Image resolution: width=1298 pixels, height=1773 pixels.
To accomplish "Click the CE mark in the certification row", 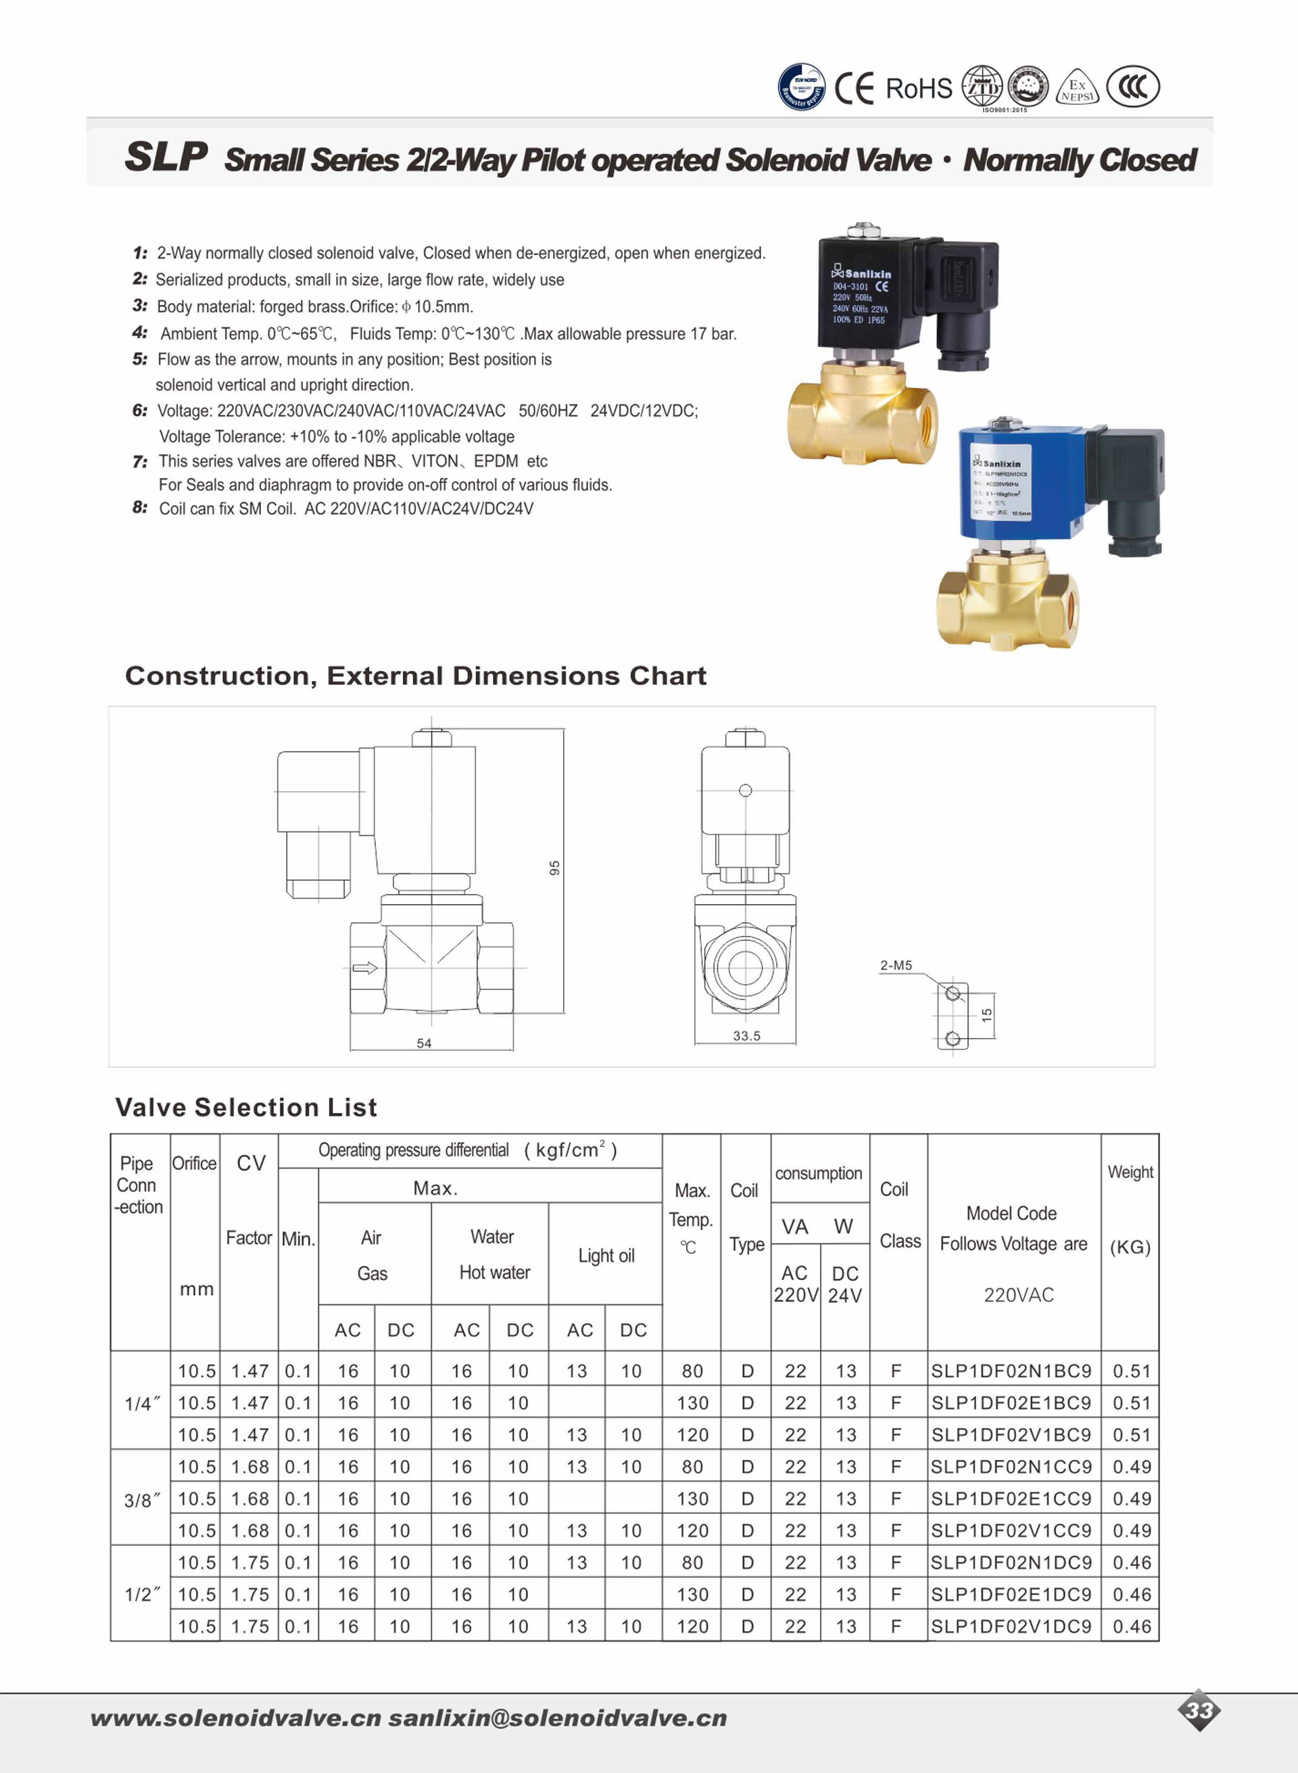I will point(853,88).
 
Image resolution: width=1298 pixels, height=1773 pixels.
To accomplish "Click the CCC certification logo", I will point(1132,87).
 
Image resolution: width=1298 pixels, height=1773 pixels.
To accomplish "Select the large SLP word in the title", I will point(166,156).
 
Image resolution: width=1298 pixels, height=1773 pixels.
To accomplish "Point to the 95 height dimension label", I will point(554,868).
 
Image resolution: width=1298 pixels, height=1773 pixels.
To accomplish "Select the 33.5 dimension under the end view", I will point(746,1036).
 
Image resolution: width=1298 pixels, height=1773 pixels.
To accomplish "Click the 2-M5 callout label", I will point(896,965).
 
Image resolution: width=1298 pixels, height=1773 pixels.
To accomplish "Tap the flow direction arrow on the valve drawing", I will point(364,968).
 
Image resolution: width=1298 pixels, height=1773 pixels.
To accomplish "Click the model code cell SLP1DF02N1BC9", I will point(1011,1371).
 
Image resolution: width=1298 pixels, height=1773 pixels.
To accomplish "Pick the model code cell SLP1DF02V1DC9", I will point(1011,1626).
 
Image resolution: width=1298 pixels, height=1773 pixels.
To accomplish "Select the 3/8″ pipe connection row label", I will point(141,1500).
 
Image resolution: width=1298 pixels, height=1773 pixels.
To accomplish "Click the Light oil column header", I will point(606,1255).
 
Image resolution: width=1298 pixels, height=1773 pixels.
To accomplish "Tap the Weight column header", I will point(1130,1172).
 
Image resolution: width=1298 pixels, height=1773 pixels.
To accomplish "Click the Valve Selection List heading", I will point(246,1108).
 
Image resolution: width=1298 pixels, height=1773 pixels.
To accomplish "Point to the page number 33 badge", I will point(1199,1710).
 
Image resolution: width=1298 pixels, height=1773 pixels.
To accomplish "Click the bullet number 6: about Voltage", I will point(140,410).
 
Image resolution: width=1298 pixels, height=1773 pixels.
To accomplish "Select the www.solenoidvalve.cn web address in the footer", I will point(236,1718).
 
